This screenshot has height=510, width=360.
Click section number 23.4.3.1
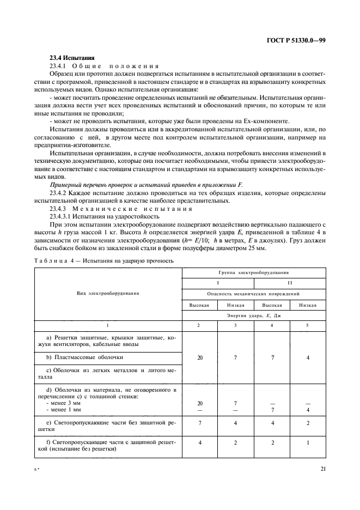click(63, 216)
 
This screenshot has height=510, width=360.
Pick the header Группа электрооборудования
click(254, 271)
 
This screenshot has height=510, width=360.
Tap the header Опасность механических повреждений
click(254, 293)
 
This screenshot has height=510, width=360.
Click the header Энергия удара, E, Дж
click(254, 315)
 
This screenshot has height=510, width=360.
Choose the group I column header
click(218, 283)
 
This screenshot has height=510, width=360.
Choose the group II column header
click(290, 283)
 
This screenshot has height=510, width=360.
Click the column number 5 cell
click(308, 325)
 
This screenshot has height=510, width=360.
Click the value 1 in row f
click(308, 443)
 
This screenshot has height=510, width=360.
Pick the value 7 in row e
click(200, 422)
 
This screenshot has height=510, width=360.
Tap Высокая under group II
click(272, 305)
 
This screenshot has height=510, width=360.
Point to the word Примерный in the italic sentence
click(65, 185)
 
